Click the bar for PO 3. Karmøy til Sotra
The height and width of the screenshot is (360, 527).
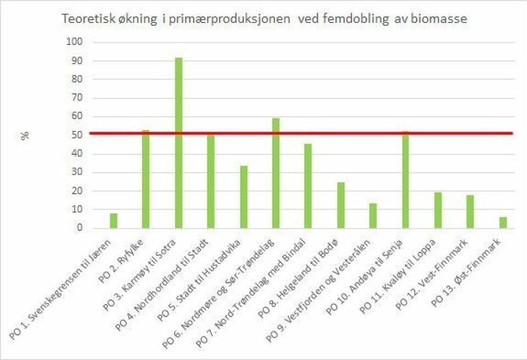[x=178, y=143]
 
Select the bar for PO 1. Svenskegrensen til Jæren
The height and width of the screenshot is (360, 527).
[x=114, y=221]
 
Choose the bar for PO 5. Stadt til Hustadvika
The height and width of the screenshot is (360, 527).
[x=243, y=196]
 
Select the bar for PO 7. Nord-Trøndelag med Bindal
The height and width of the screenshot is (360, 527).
[x=308, y=186]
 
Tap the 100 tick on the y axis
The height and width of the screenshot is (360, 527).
[x=74, y=42]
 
